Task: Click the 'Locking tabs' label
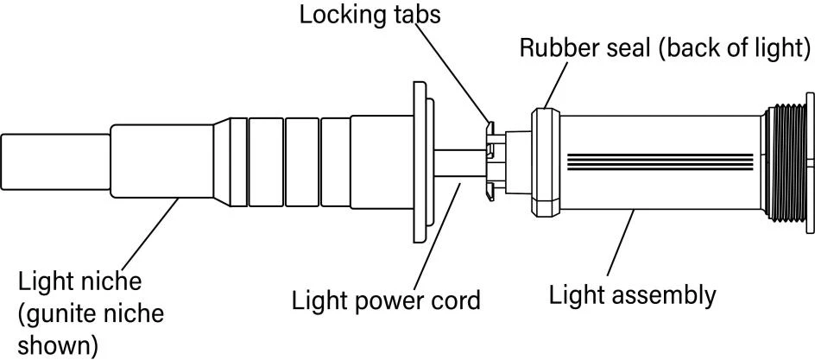(370, 15)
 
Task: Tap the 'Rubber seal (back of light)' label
(665, 48)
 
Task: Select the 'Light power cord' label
(386, 300)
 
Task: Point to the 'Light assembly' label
(633, 295)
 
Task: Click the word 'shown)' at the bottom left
(58, 343)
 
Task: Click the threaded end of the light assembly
(787, 164)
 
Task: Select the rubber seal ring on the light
(546, 161)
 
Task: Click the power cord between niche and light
(459, 163)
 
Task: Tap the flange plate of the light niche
(422, 162)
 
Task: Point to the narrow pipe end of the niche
(55, 162)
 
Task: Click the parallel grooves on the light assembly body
(660, 162)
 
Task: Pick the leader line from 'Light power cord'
(438, 233)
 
